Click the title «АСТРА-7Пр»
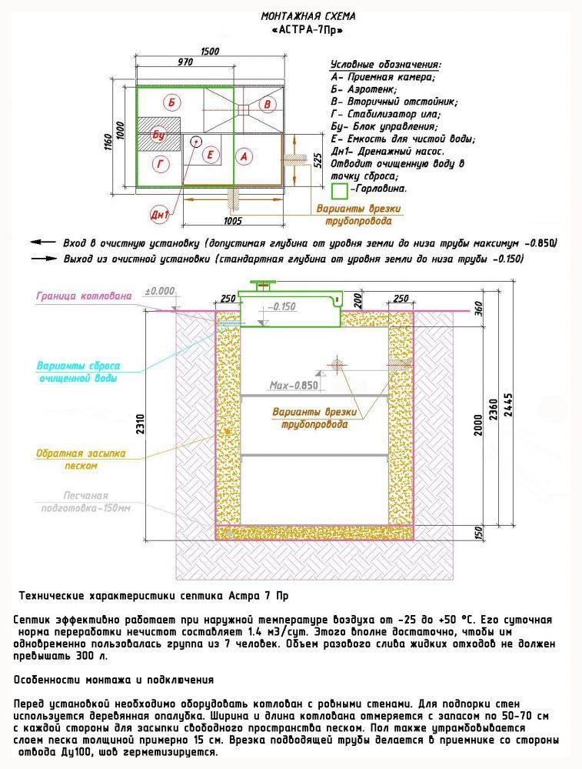[x=308, y=30]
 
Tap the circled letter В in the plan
[x=267, y=104]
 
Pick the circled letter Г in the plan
[x=160, y=163]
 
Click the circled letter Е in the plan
[x=209, y=155]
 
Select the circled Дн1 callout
[x=160, y=215]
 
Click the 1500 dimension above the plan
[x=209, y=52]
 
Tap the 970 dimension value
[x=185, y=61]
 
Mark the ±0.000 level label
[x=160, y=292]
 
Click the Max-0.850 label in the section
[x=294, y=385]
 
